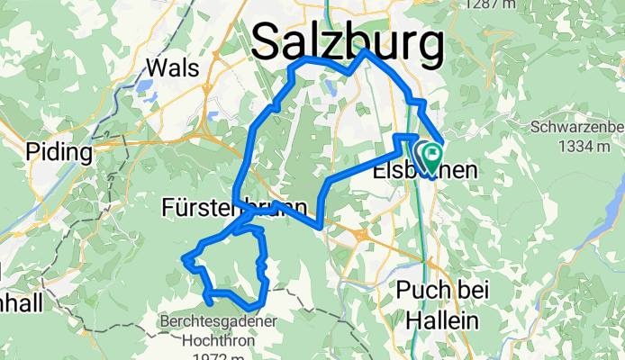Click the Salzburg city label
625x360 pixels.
348,42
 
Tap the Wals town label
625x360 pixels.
169,68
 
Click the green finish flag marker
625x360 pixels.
430,156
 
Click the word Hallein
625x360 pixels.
438,319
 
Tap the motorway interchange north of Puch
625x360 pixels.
362,235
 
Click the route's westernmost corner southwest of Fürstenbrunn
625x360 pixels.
185,259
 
